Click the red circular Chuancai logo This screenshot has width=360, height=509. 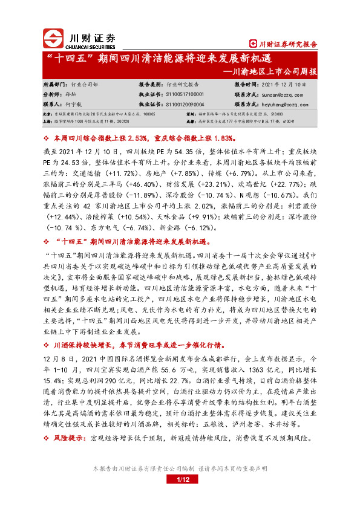point(54,39)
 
